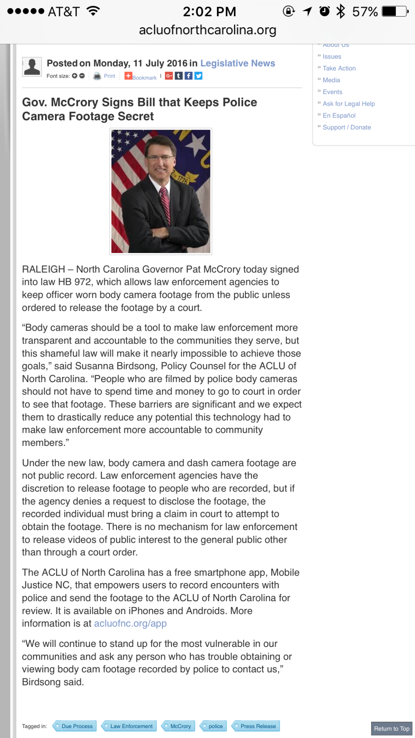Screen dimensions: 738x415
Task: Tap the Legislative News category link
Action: click(x=238, y=63)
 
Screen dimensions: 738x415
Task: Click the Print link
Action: click(x=109, y=76)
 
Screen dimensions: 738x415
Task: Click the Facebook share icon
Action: click(x=188, y=76)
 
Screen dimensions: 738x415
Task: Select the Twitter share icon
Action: click(x=198, y=76)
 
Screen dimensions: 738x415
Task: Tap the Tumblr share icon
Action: click(x=179, y=76)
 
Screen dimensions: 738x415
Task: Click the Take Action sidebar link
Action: click(x=339, y=68)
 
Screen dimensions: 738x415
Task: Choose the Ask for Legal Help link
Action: click(x=348, y=104)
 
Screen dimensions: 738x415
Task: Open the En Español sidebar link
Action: click(x=339, y=116)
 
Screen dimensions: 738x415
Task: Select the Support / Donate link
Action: click(x=347, y=128)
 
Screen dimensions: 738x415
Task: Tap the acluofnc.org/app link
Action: click(x=130, y=623)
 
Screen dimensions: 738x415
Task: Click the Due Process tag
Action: click(x=77, y=726)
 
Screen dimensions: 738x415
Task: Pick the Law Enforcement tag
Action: click(x=131, y=726)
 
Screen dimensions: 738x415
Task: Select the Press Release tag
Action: click(x=258, y=726)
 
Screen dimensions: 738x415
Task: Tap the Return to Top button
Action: click(x=392, y=728)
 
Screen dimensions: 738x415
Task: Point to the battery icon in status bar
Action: click(x=394, y=12)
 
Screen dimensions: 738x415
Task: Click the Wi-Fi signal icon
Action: click(x=93, y=11)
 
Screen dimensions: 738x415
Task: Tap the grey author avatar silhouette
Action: click(x=32, y=67)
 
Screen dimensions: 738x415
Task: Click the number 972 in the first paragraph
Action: click(x=83, y=282)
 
